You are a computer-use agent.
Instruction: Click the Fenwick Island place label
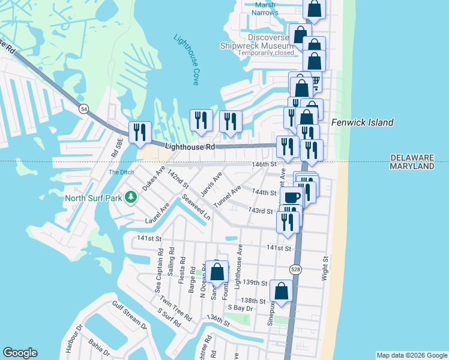pyautogui.click(x=362, y=122)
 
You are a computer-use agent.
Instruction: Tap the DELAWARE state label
pyautogui.click(x=412, y=157)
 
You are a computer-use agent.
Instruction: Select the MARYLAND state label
pyautogui.click(x=412, y=166)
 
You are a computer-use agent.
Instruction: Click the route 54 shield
pyautogui.click(x=84, y=109)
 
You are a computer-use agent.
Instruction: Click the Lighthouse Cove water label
pyautogui.click(x=186, y=59)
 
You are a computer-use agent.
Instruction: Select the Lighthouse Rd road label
pyautogui.click(x=189, y=146)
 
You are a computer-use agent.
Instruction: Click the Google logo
pyautogui.click(x=20, y=353)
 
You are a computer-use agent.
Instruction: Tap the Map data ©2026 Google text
pyautogui.click(x=412, y=355)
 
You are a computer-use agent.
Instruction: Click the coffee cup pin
pyautogui.click(x=292, y=197)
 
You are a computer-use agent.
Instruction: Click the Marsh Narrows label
pyautogui.click(x=264, y=8)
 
